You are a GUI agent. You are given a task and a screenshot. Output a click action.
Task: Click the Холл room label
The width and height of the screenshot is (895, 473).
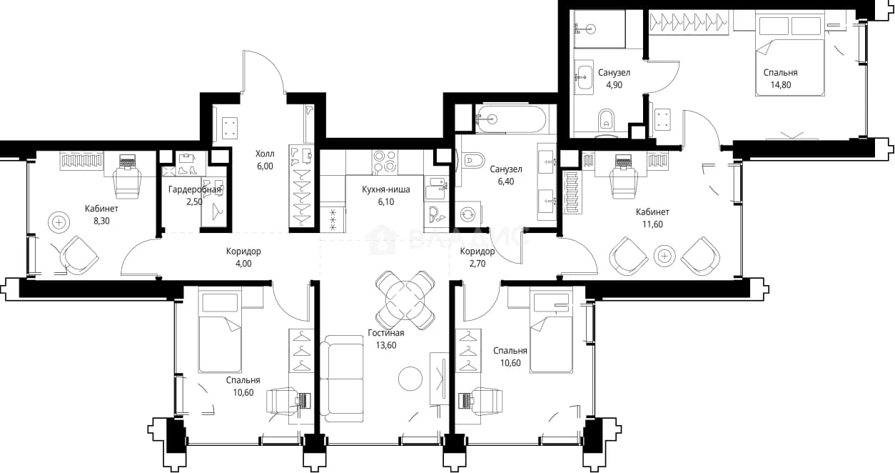point(265,154)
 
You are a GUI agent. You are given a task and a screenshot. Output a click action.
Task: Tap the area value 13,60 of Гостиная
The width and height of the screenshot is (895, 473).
point(386,345)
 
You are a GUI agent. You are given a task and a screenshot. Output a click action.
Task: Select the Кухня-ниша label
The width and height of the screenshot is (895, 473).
point(386,189)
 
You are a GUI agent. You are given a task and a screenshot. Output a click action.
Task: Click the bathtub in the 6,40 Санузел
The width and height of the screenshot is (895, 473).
point(510,119)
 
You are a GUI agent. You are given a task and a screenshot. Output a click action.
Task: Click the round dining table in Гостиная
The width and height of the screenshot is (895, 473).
point(406,300)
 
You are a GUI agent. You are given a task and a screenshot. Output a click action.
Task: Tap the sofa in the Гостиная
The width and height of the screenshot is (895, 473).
point(342,379)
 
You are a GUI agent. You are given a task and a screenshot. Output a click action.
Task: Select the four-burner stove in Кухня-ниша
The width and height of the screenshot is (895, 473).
point(385,162)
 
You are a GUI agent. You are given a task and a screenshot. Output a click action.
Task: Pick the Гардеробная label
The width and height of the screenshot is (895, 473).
point(195,189)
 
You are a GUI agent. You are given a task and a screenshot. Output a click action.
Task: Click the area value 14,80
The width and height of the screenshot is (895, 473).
point(780,85)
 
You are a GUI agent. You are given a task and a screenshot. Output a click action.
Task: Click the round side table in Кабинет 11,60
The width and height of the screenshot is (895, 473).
point(664,256)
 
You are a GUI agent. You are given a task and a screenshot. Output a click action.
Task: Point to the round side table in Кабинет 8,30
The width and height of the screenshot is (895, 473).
point(59,222)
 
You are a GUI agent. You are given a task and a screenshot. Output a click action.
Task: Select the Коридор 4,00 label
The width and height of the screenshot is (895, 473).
point(243,252)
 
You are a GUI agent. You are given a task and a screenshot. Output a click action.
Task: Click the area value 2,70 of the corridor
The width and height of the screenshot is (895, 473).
point(477,264)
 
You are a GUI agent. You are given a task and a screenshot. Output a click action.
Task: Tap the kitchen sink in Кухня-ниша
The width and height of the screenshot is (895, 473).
point(437,187)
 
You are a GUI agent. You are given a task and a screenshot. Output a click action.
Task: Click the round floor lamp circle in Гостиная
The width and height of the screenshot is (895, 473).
point(410,378)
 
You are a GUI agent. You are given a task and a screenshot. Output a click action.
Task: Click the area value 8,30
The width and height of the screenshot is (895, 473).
point(101,221)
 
